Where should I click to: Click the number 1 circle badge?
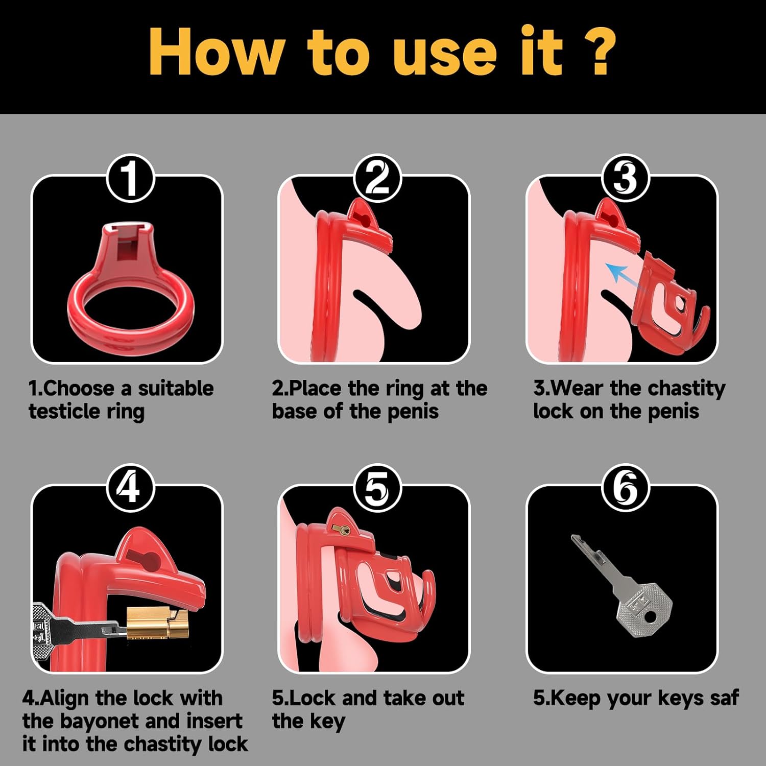tap(130, 178)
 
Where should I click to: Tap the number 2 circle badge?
tap(377, 178)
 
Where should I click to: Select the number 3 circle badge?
tap(626, 178)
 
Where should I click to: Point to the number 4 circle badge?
tap(130, 488)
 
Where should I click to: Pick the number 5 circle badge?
tap(377, 488)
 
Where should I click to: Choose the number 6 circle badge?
tap(626, 488)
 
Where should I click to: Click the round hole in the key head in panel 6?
tap(650, 617)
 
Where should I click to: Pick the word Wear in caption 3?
tap(578, 389)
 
